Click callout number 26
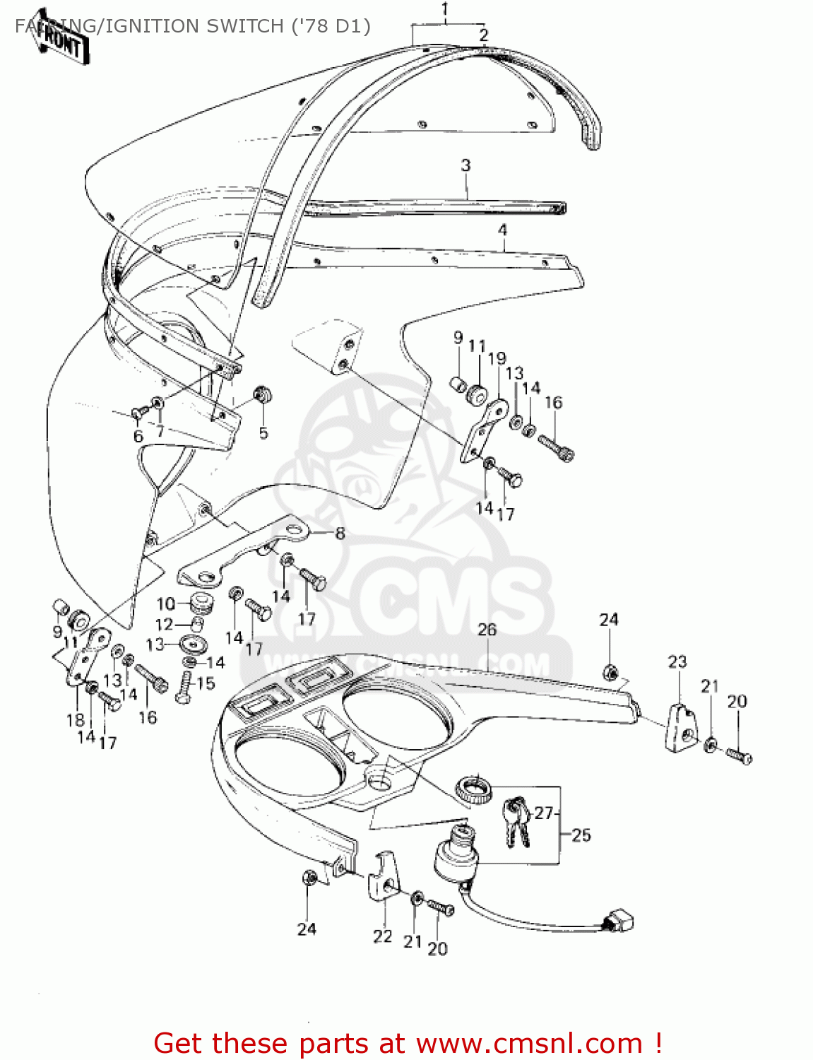[487, 630]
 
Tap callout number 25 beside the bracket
[581, 835]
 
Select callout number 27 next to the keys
[543, 813]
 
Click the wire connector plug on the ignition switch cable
[619, 920]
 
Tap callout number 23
[677, 662]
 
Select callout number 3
[465, 165]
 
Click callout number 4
[502, 230]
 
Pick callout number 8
[340, 534]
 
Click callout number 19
[497, 358]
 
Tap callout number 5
[263, 432]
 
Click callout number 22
[382, 936]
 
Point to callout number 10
[165, 603]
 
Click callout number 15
[206, 683]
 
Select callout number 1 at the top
[445, 10]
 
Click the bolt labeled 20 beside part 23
[739, 756]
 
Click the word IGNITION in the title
[148, 26]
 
